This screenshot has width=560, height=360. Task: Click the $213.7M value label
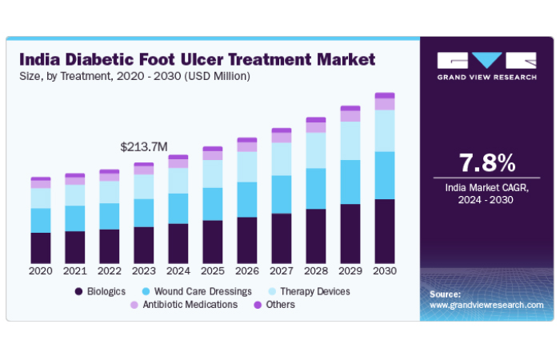coord(143,146)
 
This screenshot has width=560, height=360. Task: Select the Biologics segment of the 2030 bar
coord(385,230)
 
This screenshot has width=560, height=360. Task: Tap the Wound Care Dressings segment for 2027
coord(282,194)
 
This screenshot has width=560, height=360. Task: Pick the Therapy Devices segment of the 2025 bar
coord(212,174)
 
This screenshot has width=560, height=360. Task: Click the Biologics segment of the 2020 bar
coord(41,247)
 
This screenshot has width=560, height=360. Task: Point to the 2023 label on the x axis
coord(143,271)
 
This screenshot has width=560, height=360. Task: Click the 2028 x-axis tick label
coord(316,271)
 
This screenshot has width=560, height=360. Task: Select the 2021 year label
coord(75,271)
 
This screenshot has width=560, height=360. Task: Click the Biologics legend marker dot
coord(78,291)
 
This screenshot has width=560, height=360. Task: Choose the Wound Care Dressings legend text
coord(204,291)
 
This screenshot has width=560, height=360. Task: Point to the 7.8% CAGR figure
coord(486,163)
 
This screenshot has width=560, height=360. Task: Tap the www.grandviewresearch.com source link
coord(486,306)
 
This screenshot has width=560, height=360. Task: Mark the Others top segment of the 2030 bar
coord(385,95)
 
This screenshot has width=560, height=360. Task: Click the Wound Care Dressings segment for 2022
coord(109,216)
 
